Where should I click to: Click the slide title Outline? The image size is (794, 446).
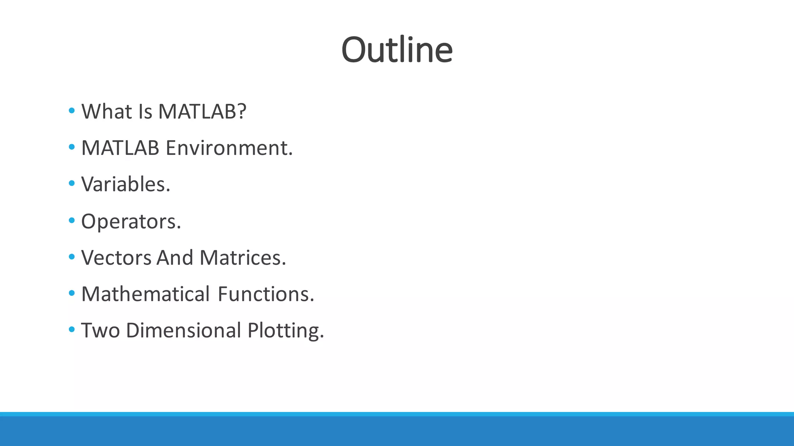click(397, 50)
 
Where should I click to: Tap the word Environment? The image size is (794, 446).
click(229, 148)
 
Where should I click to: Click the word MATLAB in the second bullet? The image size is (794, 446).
click(120, 148)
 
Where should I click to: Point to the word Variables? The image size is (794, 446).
click(125, 184)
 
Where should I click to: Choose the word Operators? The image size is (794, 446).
click(131, 221)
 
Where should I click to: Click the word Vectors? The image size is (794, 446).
click(116, 258)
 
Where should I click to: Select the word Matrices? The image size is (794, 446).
click(242, 258)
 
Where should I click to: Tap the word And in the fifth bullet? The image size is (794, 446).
click(174, 258)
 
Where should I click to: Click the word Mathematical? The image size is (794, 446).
click(145, 294)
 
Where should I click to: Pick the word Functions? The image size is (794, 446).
click(266, 294)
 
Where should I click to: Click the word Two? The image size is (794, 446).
click(100, 331)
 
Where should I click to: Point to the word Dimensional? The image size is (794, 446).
click(183, 331)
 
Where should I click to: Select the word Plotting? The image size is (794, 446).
click(285, 331)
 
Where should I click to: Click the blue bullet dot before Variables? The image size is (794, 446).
click(71, 184)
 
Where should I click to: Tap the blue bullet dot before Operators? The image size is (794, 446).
click(71, 220)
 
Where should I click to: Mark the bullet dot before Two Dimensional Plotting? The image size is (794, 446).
click(71, 330)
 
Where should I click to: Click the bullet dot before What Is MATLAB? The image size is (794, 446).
click(71, 111)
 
